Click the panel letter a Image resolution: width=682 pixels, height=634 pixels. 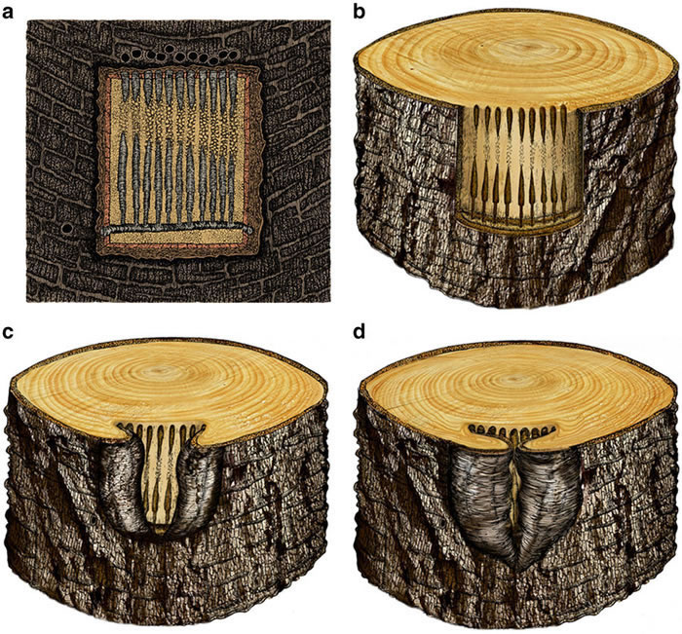click(x=7, y=13)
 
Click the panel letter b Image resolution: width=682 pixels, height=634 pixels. click(x=360, y=11)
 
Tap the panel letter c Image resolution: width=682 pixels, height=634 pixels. click(x=7, y=333)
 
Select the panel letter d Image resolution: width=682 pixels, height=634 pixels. click(x=360, y=331)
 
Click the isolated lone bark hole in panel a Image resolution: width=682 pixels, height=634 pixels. click(x=67, y=227)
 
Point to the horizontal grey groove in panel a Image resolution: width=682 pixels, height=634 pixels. click(x=177, y=229)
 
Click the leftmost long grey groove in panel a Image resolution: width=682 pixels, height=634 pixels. click(x=122, y=178)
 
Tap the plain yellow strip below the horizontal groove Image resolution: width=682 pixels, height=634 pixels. click(x=176, y=238)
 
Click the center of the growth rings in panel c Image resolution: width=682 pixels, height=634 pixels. click(x=163, y=370)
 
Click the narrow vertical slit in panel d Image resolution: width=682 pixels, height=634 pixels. click(x=515, y=492)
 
